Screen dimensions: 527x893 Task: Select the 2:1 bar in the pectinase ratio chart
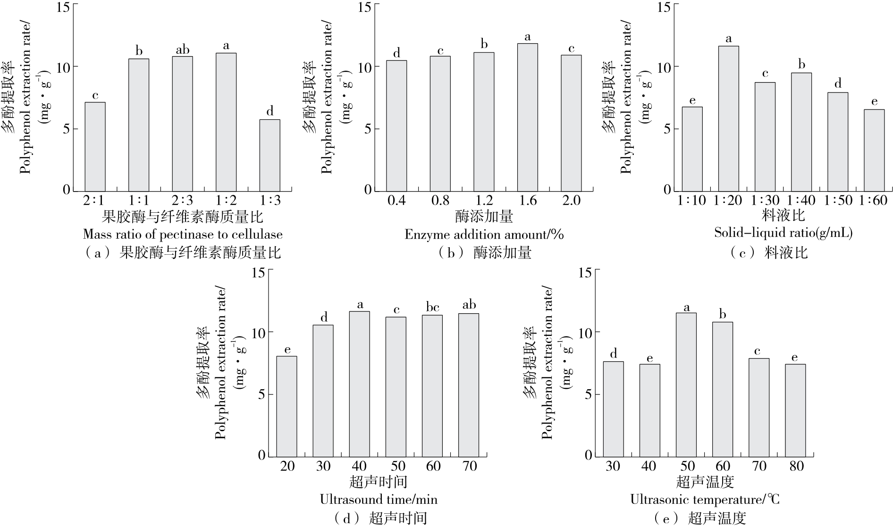tap(95, 146)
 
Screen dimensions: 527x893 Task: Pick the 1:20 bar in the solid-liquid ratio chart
tap(728, 118)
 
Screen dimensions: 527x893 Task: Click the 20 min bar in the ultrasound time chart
tap(287, 406)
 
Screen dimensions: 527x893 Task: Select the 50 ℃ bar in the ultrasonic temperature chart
tap(686, 385)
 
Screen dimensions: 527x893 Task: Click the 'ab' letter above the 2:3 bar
tap(183, 50)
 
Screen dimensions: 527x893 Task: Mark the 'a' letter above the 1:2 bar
tap(226, 46)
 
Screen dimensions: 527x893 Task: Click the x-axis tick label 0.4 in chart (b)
tap(396, 201)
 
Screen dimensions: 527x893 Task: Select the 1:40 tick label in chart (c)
tap(801, 201)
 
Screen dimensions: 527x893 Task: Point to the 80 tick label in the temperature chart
tap(796, 466)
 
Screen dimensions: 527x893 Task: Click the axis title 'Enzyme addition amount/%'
tap(484, 234)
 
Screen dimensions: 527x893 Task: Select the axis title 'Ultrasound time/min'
tap(379, 499)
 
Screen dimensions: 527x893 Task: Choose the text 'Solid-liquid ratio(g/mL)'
tap(783, 233)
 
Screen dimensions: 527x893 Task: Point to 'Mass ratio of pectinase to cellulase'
tap(183, 234)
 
